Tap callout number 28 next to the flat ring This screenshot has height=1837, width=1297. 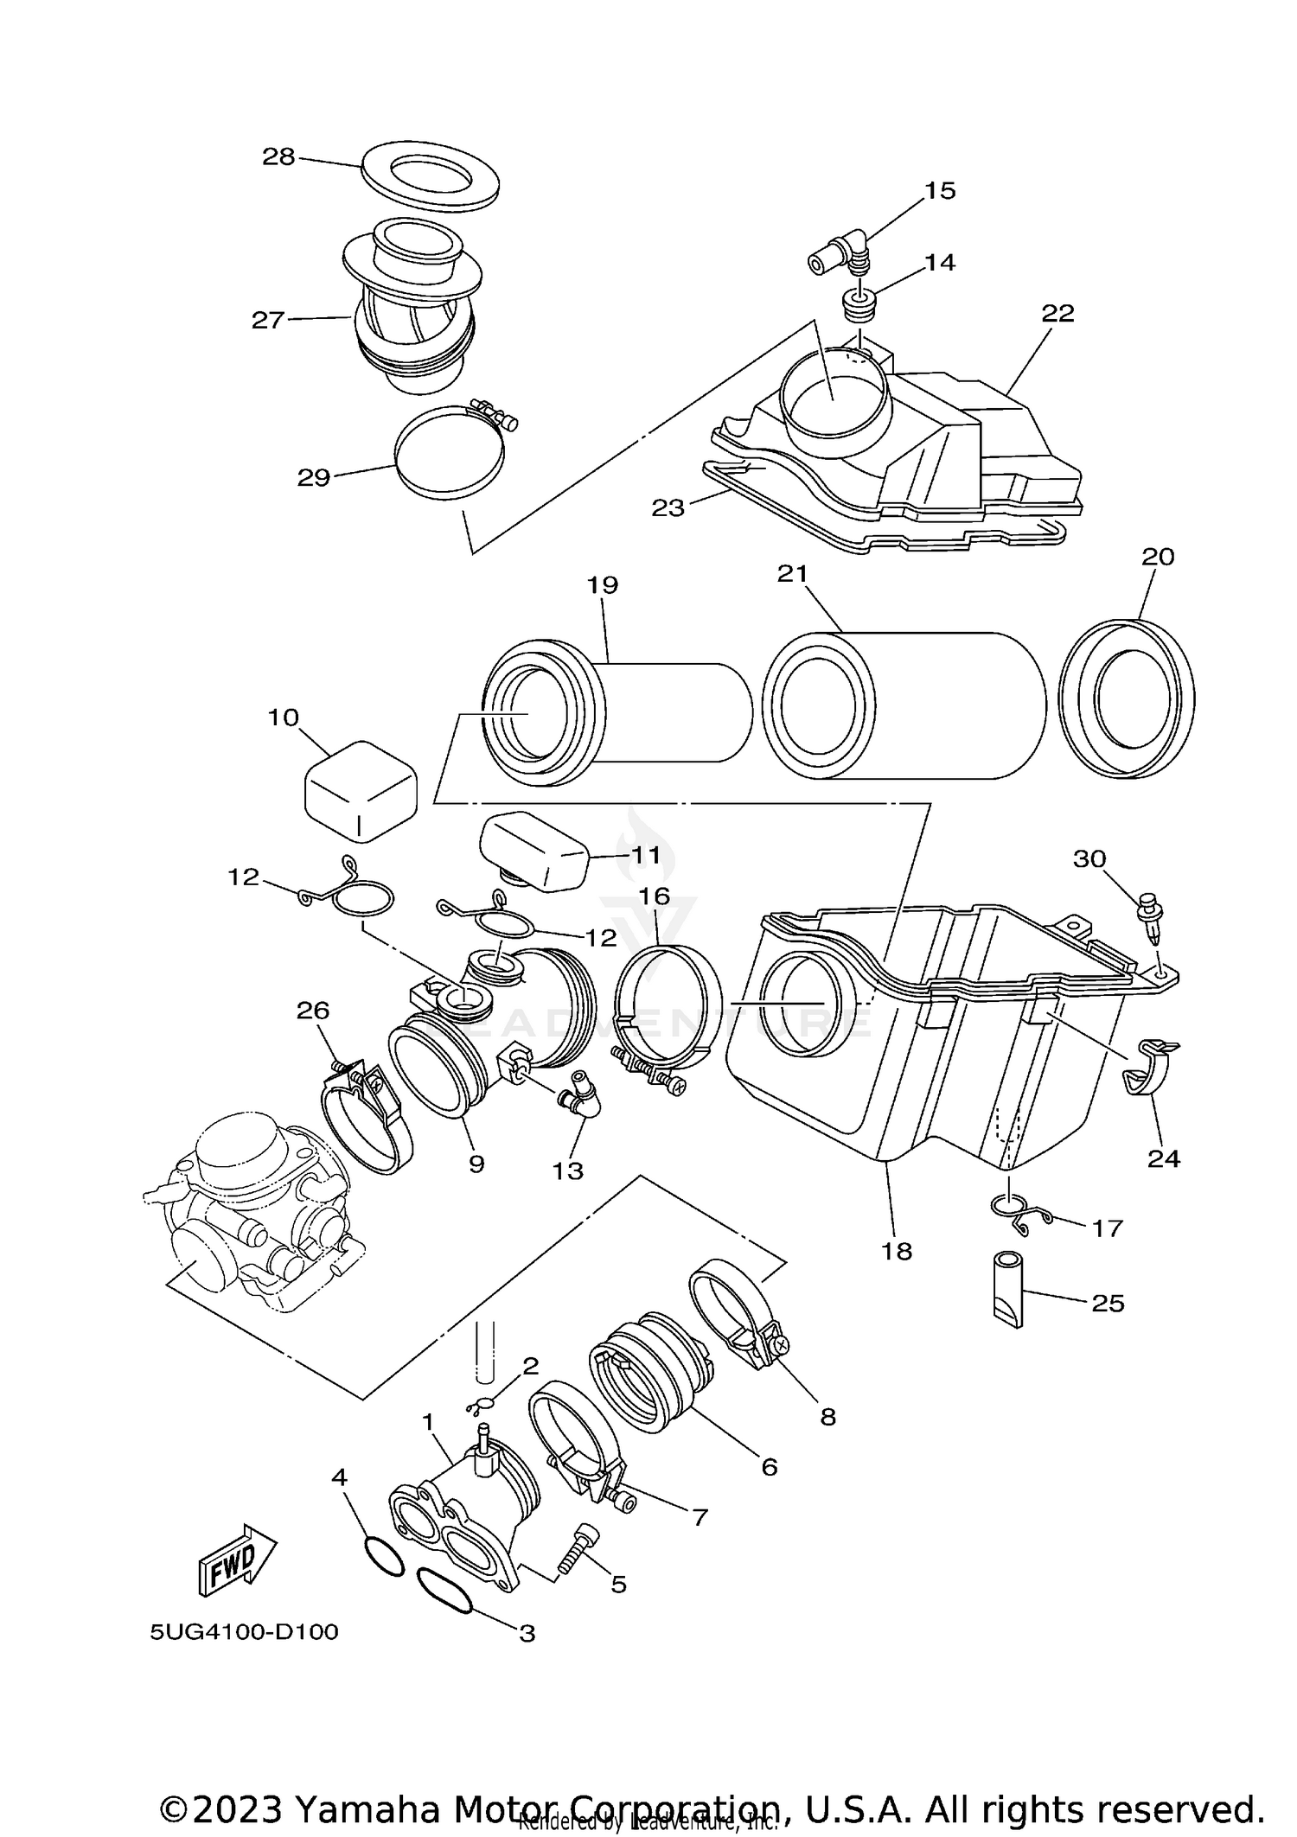(278, 156)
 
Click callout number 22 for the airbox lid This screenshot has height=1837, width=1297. (1057, 313)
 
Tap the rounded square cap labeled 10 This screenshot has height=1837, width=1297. (361, 789)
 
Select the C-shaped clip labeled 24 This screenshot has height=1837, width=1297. (1149, 1068)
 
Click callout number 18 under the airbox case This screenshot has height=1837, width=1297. (897, 1251)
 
